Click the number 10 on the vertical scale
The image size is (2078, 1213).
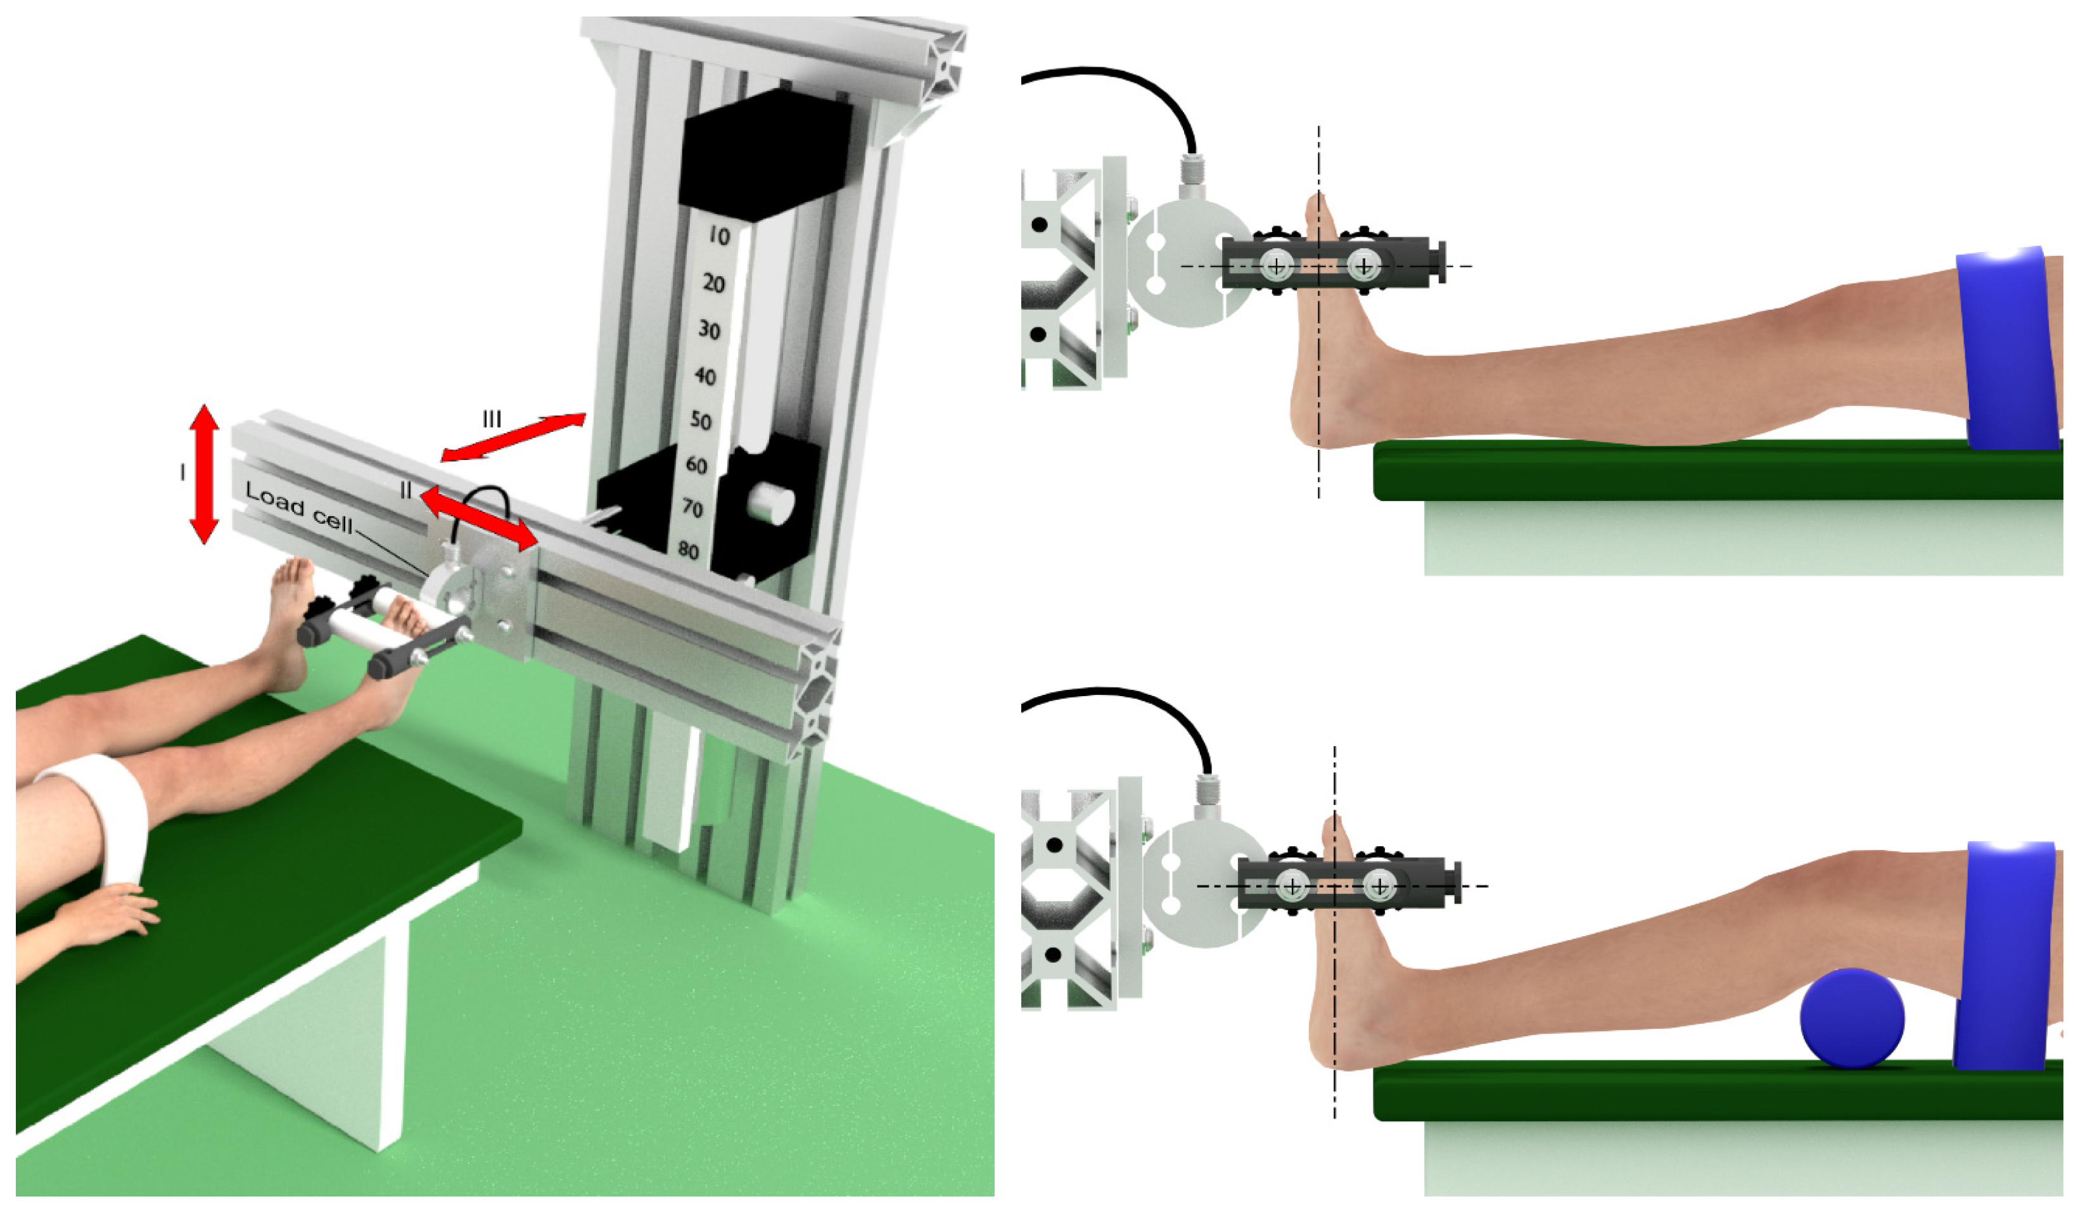click(x=719, y=237)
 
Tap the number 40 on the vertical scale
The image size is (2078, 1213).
click(x=705, y=376)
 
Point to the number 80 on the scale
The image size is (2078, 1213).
click(x=689, y=549)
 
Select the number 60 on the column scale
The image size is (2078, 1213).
click(x=697, y=465)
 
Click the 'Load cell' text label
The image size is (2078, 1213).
click(x=299, y=508)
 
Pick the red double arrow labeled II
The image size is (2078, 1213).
click(x=478, y=518)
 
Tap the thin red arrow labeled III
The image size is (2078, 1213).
click(x=513, y=437)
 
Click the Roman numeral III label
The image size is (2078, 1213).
click(x=492, y=419)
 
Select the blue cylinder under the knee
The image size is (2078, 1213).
click(x=1852, y=1019)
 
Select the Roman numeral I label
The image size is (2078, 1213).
click(x=182, y=472)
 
